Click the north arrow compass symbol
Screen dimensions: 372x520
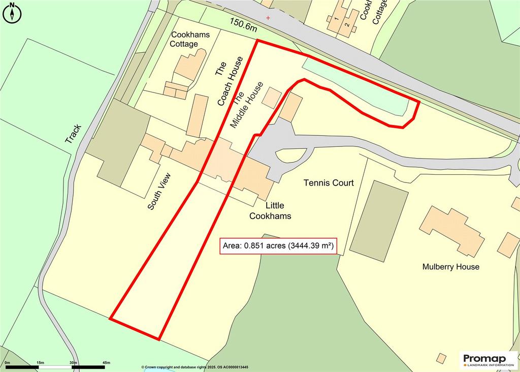tap(12, 12)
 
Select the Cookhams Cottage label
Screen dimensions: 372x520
tap(191, 39)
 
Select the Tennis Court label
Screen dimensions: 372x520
tap(328, 183)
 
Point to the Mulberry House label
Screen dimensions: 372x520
tap(450, 267)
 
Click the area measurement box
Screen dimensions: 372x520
tap(278, 246)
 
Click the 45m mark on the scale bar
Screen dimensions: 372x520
tap(106, 362)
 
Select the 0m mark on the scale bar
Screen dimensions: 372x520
tap(7, 362)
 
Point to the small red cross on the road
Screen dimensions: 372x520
tap(268, 18)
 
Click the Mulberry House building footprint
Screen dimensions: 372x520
tap(451, 231)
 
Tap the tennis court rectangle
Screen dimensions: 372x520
tap(379, 221)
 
